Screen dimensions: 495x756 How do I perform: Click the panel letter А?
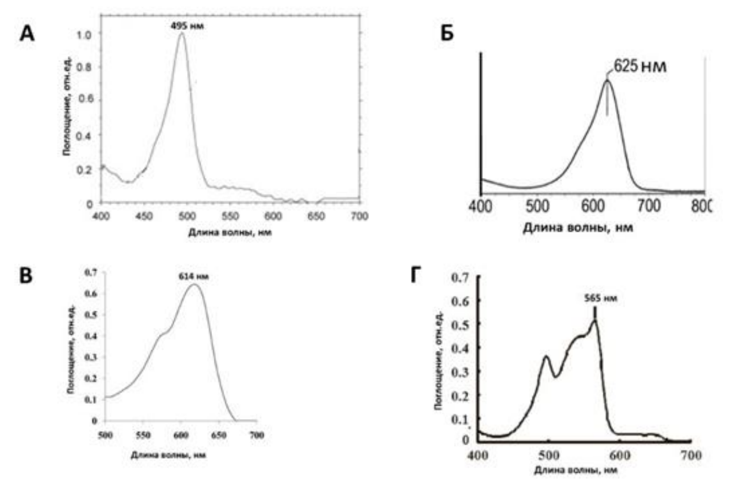pos(27,33)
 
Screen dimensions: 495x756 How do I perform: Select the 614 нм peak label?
pos(194,276)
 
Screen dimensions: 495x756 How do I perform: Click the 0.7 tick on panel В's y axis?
pos(92,273)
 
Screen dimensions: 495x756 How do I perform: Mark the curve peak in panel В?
pos(195,284)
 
